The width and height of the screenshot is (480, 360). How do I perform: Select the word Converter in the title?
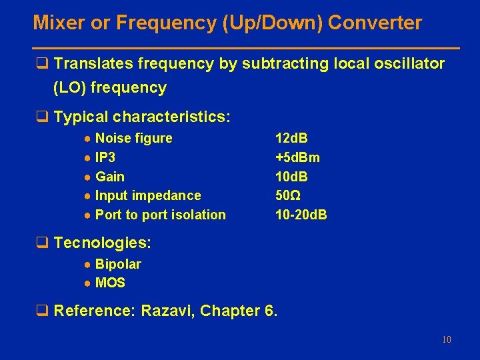[375, 23]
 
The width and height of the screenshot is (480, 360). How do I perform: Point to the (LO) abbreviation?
[71, 87]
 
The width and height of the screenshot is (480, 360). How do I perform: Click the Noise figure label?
[133, 138]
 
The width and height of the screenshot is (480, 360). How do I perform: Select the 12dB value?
[291, 138]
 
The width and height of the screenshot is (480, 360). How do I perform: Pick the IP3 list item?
[105, 157]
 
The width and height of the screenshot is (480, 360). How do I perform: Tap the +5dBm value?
[297, 157]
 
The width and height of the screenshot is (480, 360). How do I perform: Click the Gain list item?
[110, 177]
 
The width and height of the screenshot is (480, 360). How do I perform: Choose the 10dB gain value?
[291, 177]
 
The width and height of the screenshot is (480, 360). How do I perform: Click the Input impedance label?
[148, 195]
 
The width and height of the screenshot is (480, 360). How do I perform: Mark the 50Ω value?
[288, 195]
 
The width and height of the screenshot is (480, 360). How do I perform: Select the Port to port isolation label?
[161, 215]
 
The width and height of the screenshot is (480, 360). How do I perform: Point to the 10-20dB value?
[301, 215]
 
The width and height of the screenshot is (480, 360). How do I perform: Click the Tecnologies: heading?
[102, 243]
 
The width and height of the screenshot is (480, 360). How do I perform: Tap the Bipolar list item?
[118, 264]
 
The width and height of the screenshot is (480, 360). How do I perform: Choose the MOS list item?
[110, 283]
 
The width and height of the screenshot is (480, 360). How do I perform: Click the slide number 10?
[446, 340]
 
